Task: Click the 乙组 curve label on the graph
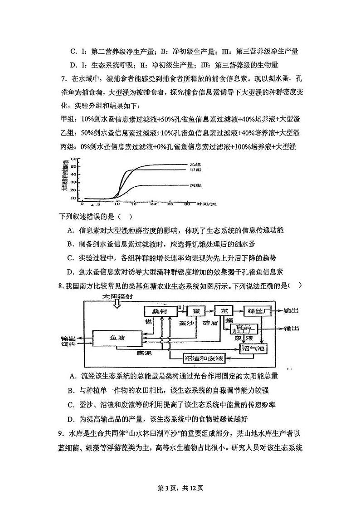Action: tap(195, 164)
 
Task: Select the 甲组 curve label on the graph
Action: tap(195, 170)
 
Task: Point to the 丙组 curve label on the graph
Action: tap(196, 185)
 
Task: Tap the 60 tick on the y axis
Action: tap(77, 160)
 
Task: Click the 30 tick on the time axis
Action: tap(187, 204)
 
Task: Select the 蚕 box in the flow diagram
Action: tap(195, 311)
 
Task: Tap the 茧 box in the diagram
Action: tap(224, 311)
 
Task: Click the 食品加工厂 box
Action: tap(244, 329)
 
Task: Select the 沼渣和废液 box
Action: tap(204, 358)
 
